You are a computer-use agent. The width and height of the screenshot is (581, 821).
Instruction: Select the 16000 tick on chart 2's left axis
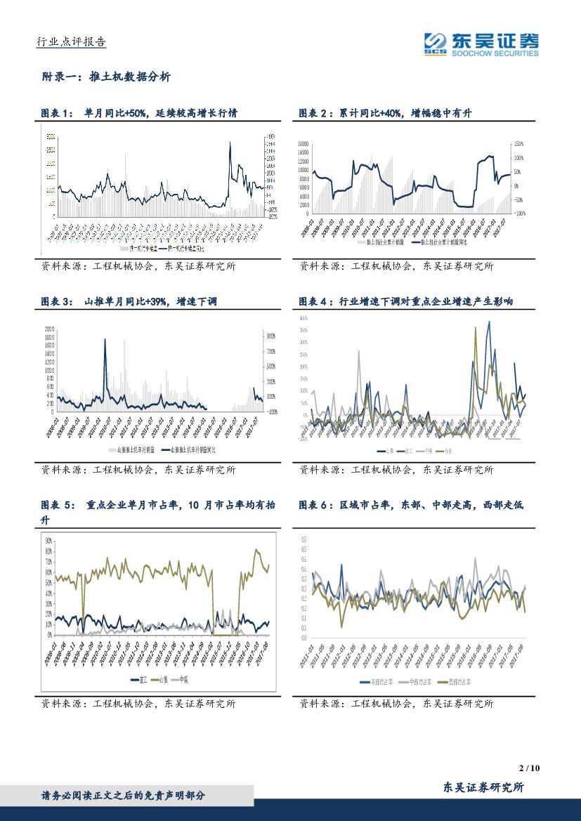303,144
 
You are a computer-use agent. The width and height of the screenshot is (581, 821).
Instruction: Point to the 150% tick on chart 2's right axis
518,144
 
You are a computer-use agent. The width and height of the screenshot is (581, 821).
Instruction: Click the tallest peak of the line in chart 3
105,340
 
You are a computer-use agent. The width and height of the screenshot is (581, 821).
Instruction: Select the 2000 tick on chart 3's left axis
49,329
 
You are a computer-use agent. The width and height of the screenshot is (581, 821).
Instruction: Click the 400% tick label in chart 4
303,318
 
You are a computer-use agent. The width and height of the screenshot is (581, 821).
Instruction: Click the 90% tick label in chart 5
48,541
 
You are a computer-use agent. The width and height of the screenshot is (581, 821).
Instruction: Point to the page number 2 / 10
531,769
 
